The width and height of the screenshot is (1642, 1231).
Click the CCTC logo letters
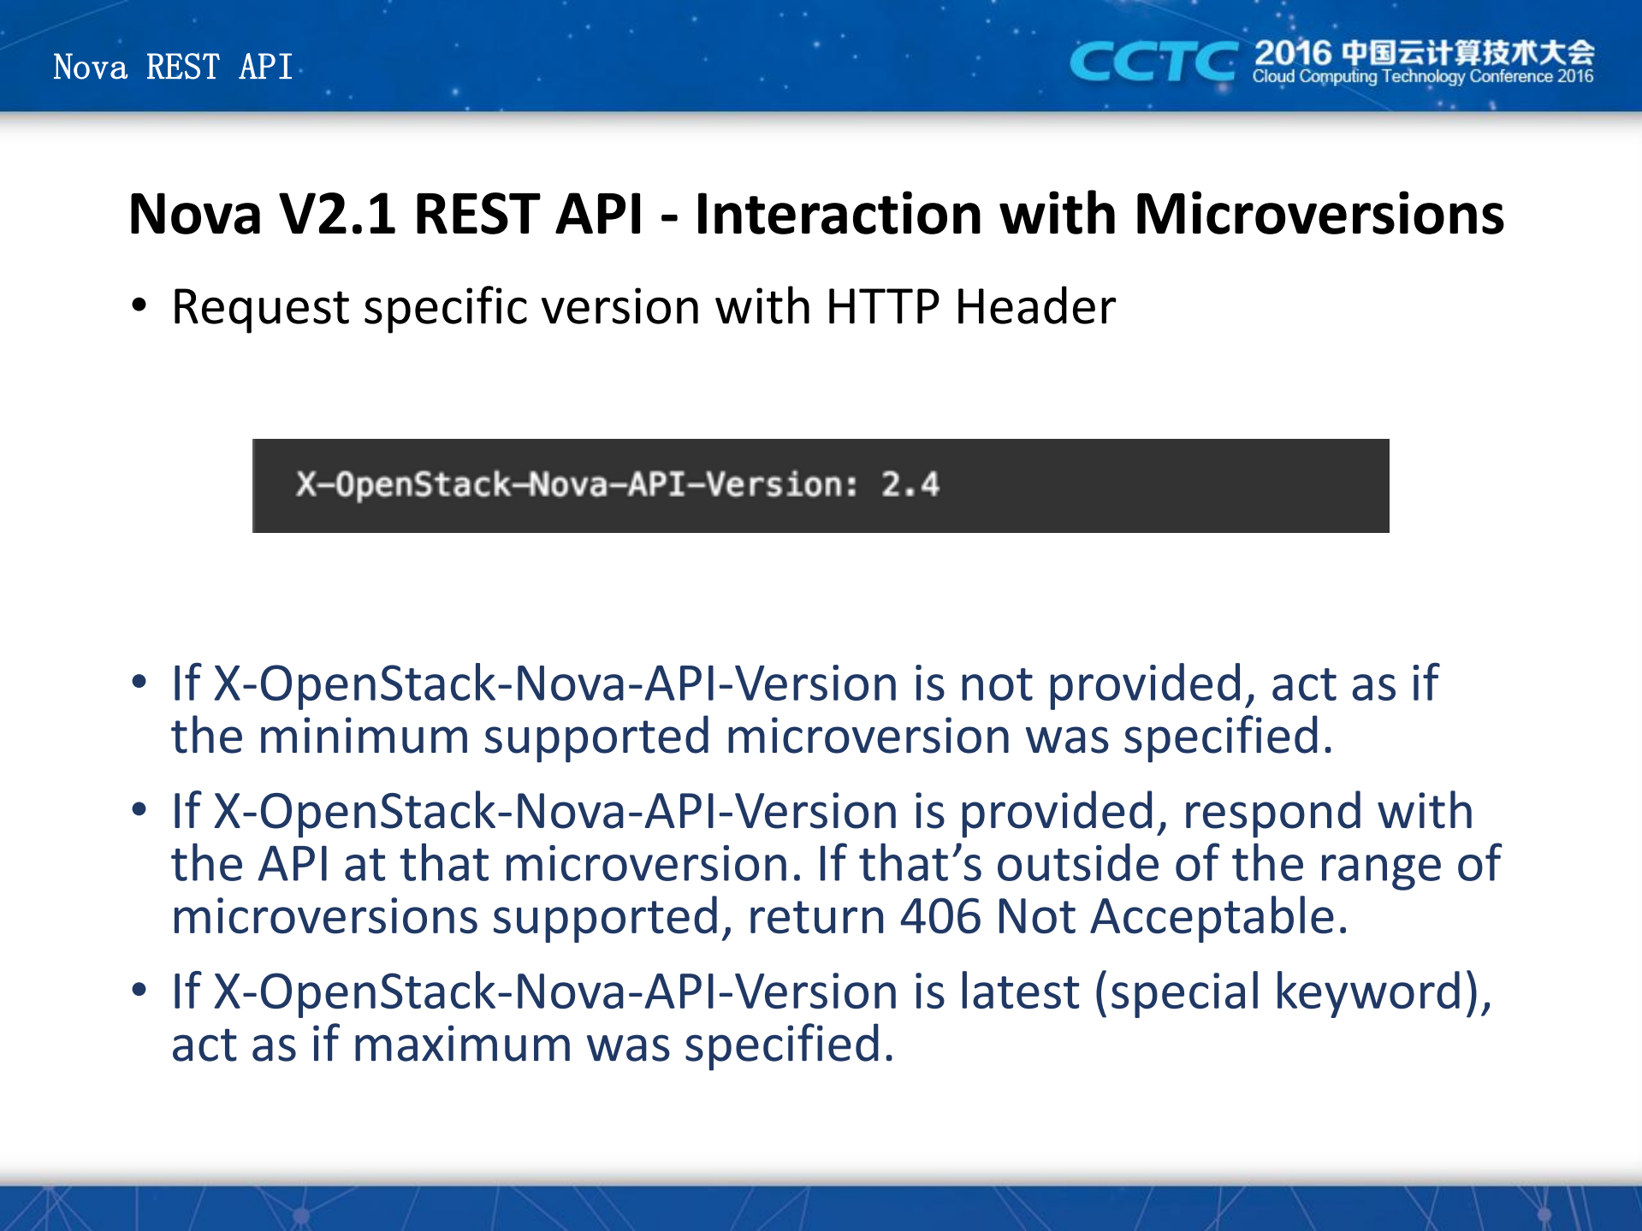coord(1153,62)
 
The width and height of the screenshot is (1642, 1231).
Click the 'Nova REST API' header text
coord(173,67)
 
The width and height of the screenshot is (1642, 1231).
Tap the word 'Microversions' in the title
coord(1319,214)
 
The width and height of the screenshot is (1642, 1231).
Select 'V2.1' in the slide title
coord(338,214)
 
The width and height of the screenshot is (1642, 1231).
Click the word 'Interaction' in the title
coord(839,214)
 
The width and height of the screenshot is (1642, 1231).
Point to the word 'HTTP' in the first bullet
coord(883,307)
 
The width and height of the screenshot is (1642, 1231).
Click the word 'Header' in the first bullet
coord(1035,307)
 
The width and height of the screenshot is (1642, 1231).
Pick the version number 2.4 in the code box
coord(910,485)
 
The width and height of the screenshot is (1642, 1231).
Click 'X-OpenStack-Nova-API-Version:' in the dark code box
coord(577,485)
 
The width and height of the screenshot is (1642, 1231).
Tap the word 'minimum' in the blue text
coord(364,737)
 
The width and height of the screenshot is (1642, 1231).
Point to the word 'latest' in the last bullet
coord(1019,992)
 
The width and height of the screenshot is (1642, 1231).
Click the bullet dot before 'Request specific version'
coord(139,305)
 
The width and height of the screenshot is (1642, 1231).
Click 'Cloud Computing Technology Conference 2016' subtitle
coord(1423,77)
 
